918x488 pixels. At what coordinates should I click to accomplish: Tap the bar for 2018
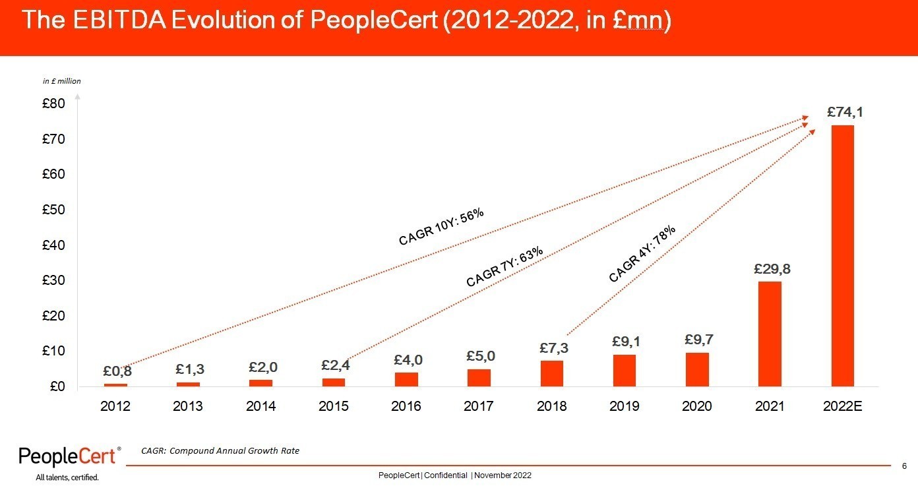[x=551, y=373]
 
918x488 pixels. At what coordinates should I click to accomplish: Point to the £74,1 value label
[x=845, y=113]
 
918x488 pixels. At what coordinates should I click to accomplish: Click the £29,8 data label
[x=772, y=269]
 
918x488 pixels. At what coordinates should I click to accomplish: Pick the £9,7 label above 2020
[x=699, y=340]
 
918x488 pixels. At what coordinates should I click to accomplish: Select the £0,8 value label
[x=117, y=371]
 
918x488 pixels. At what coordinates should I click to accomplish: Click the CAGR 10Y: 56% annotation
[x=441, y=227]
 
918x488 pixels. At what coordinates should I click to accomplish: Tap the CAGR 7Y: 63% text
[x=505, y=266]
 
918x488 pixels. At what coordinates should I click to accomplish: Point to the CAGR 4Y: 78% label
[x=642, y=254]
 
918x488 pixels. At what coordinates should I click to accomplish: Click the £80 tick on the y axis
[x=54, y=104]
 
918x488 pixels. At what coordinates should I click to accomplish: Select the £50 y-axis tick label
[x=54, y=210]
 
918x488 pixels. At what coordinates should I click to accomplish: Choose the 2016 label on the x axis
[x=406, y=406]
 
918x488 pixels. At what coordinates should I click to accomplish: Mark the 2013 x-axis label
[x=188, y=406]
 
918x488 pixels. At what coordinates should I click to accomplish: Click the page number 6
[x=904, y=466]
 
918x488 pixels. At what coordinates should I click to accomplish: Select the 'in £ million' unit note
[x=62, y=81]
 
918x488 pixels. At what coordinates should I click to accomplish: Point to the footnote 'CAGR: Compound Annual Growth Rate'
[x=220, y=450]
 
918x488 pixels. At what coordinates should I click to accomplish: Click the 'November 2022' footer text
[x=503, y=475]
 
